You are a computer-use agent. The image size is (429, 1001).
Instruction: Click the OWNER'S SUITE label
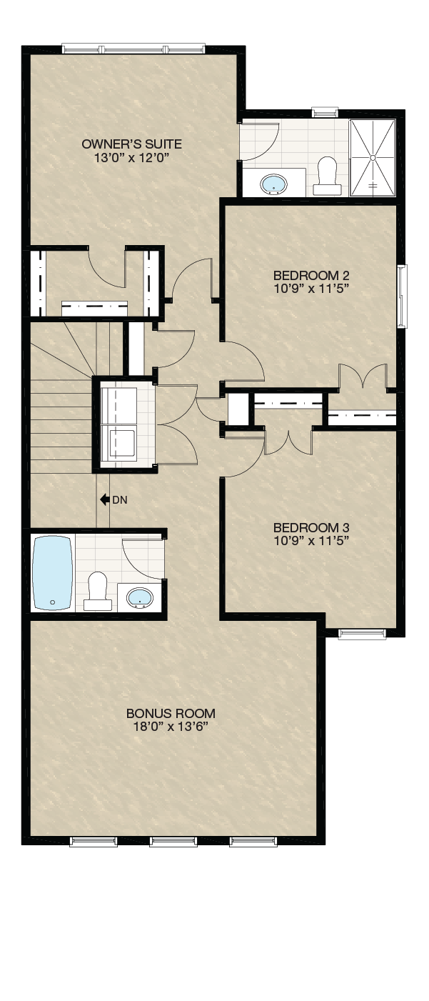[x=131, y=144]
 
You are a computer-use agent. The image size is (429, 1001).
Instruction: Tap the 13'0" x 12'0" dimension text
[x=132, y=157]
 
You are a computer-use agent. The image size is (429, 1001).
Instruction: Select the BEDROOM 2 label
[x=311, y=275]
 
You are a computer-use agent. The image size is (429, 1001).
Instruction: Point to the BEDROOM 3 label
[x=311, y=528]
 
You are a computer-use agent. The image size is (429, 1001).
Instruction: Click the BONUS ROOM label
[x=171, y=713]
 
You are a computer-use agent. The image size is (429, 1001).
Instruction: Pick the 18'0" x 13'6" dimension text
[x=171, y=727]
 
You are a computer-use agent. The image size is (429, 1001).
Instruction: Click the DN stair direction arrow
[x=105, y=499]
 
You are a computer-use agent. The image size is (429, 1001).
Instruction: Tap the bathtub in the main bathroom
[x=53, y=573]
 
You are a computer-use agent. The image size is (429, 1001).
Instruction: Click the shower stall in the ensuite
[x=373, y=158]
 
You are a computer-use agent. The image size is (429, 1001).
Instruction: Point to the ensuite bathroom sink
[x=273, y=184]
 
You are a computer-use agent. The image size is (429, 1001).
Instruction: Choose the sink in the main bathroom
[x=140, y=597]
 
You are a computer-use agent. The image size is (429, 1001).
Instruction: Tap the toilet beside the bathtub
[x=97, y=591]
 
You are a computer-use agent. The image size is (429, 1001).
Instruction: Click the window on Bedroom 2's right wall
[x=403, y=297]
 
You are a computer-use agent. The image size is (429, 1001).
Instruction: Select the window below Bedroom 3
[x=362, y=634]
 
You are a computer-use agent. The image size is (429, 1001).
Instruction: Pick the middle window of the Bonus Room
[x=173, y=842]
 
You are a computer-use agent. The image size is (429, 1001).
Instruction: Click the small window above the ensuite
[x=325, y=111]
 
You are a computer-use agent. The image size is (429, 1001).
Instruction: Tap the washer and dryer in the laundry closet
[x=118, y=423]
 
